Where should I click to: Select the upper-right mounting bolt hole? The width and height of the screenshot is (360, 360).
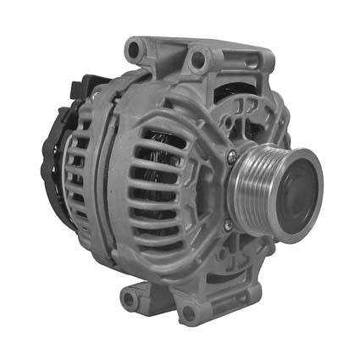(x=199, y=59)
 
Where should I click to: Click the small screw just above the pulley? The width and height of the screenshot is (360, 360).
(x=231, y=154)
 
